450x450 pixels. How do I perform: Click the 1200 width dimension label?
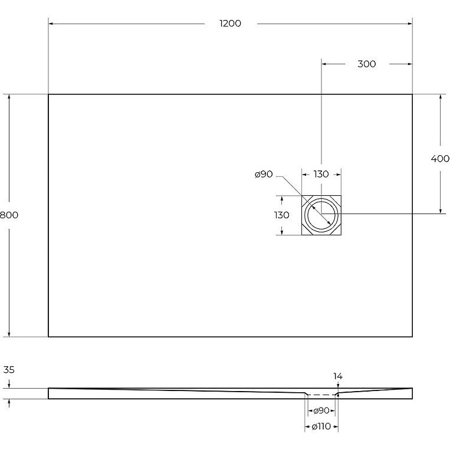coord(230,23)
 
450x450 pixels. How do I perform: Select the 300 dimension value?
coord(367,64)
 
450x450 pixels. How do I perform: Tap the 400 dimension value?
coord(440,158)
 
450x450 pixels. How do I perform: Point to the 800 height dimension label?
coord(9,215)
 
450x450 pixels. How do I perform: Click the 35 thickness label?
coord(9,370)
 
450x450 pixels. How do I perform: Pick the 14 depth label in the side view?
coord(338,376)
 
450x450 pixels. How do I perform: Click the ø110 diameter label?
coord(321,426)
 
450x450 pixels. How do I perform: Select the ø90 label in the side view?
coord(321,410)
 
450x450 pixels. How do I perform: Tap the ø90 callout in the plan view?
coord(264,174)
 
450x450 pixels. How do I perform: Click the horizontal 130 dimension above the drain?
coord(321,174)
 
